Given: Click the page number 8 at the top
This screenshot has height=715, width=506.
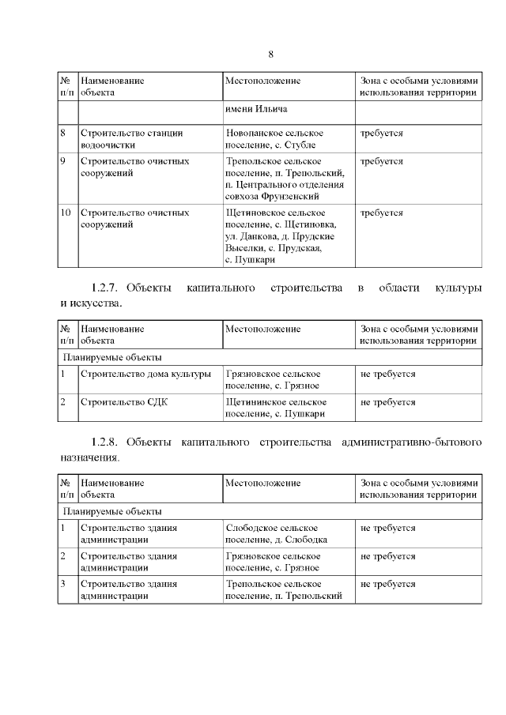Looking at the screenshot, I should (x=270, y=55).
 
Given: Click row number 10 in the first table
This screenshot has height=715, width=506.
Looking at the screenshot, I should (x=66, y=213).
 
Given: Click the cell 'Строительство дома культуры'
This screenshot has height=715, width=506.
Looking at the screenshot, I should (x=145, y=374).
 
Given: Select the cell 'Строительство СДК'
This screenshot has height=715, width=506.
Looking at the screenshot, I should (x=124, y=402).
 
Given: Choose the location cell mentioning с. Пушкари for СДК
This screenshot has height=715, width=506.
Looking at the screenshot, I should (x=275, y=408).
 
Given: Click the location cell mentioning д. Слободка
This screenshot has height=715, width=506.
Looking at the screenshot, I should (x=276, y=533).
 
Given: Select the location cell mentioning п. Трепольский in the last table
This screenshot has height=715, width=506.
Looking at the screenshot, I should (x=283, y=589).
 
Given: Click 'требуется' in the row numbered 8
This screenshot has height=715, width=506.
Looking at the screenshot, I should (x=381, y=134).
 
